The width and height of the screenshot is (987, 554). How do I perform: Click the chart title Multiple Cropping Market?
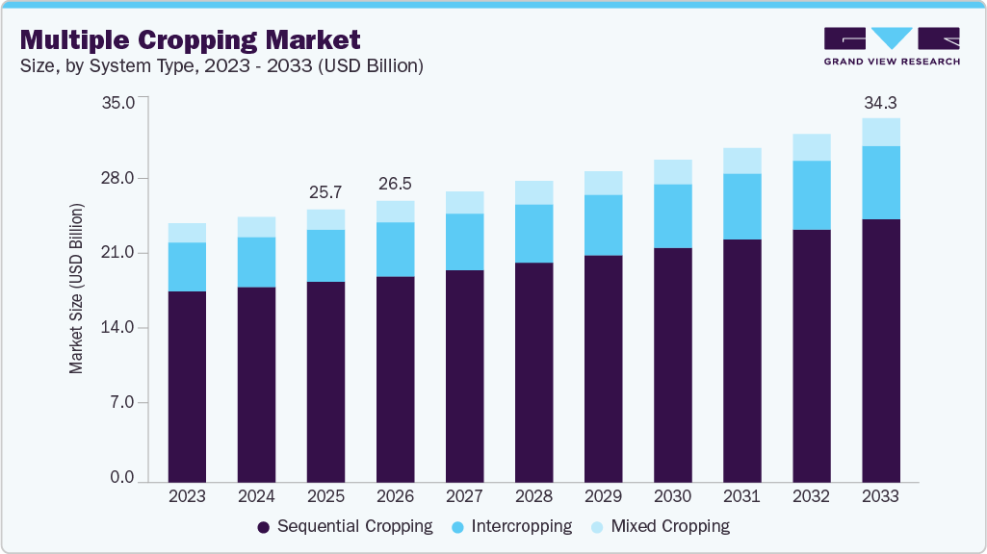pos(191,39)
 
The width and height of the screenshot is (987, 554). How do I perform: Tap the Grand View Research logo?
pos(892,45)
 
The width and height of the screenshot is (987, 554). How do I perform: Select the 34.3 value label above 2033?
pos(880,102)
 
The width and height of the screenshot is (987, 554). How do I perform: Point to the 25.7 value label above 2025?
pos(325,192)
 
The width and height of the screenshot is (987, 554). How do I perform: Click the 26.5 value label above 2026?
pos(395,184)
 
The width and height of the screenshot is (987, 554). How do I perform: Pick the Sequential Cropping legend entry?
pos(345,526)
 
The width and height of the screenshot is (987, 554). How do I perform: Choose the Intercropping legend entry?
pos(511,526)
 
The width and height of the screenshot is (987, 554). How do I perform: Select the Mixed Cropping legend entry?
pos(660,526)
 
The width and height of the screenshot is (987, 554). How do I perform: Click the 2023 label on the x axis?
pos(187,496)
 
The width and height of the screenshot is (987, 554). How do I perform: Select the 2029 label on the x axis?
pos(603,496)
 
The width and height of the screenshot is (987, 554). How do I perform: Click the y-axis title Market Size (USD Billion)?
pos(76,289)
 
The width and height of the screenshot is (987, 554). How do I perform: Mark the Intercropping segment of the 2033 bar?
pos(880,183)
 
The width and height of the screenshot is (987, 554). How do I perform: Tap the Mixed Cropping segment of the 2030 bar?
pos(672,172)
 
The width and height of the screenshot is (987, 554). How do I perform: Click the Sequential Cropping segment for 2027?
pos(464,375)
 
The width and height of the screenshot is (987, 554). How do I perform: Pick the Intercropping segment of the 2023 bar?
pos(187,266)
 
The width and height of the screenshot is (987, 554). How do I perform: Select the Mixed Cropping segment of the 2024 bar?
pos(256,227)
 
